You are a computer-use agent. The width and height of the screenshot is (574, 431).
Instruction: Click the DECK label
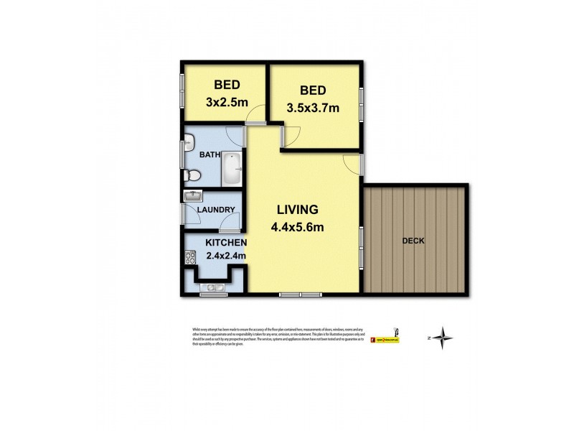[413, 241]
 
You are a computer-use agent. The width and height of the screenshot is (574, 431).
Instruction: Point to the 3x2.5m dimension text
[227, 103]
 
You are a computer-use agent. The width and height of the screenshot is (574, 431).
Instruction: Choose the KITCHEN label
[207, 243]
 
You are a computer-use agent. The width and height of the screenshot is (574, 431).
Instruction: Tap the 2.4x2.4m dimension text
[225, 255]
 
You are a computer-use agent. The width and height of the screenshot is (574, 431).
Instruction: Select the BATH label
[210, 154]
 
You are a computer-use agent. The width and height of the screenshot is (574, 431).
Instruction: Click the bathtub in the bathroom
[231, 170]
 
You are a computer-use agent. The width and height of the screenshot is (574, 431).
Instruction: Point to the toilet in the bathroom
[190, 175]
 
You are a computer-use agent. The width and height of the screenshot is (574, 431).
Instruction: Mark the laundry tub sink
[193, 196]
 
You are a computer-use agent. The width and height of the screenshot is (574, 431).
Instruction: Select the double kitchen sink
[212, 289]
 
